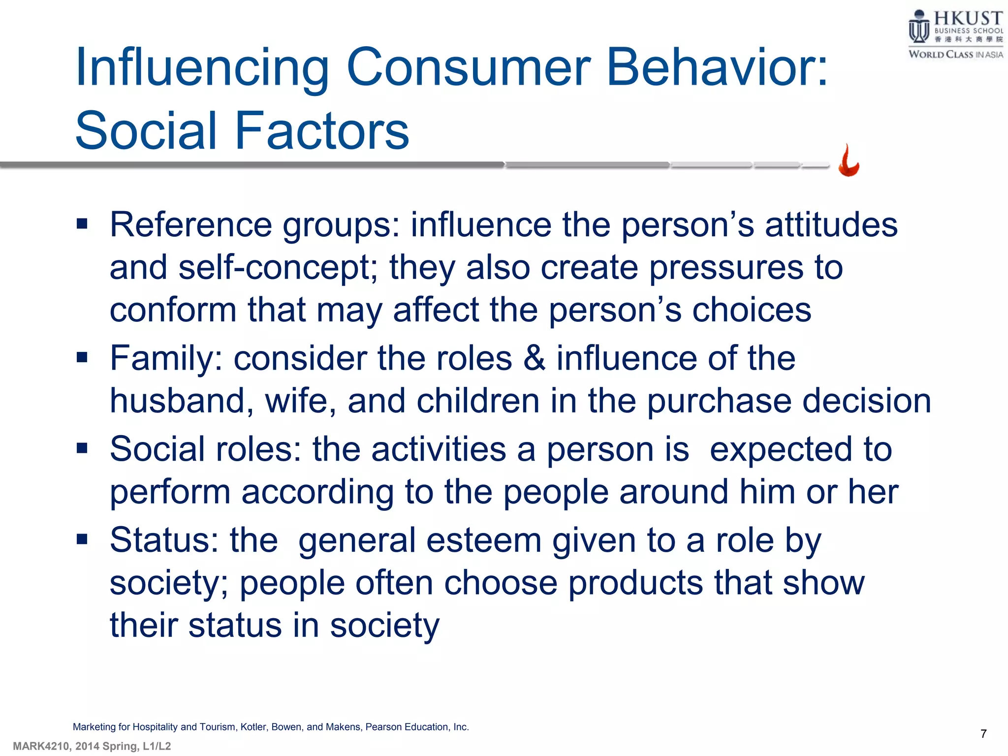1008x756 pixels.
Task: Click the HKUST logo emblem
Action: click(x=918, y=28)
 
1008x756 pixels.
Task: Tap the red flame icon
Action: click(x=849, y=161)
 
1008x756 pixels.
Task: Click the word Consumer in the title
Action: click(x=469, y=67)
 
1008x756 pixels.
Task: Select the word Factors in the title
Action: click(x=322, y=131)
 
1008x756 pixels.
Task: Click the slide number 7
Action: click(x=983, y=734)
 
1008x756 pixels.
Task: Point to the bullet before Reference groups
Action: click(x=82, y=225)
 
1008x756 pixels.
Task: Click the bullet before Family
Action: click(x=82, y=357)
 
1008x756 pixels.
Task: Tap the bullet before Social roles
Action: click(x=82, y=448)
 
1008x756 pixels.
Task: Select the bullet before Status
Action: click(x=82, y=539)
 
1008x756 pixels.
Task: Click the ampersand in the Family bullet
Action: click(x=534, y=358)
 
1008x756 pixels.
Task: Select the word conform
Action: click(x=173, y=310)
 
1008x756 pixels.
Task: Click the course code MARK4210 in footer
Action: click(x=41, y=747)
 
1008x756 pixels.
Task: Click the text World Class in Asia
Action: click(x=955, y=55)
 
